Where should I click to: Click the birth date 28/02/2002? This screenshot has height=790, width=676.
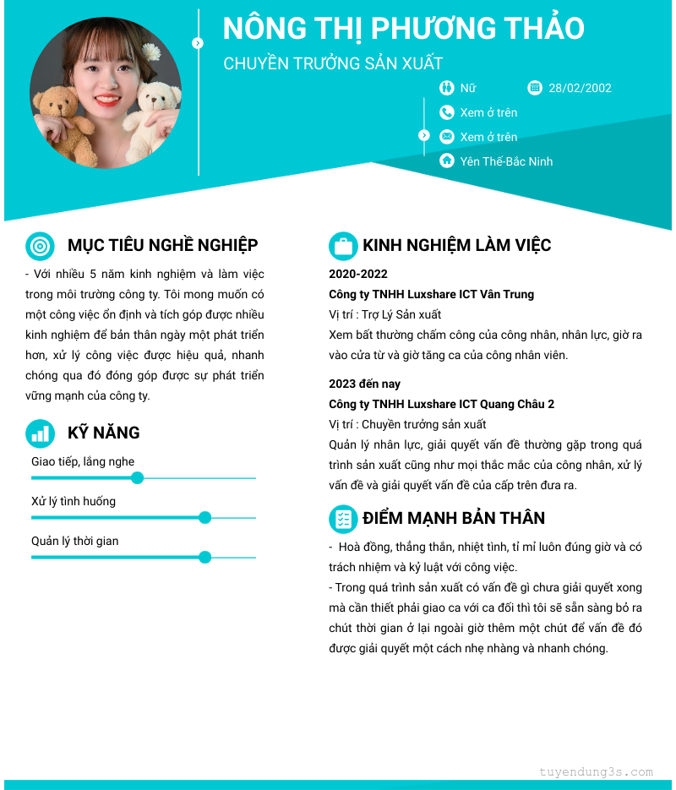coord(580,88)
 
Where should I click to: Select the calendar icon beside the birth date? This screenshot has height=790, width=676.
coord(534,88)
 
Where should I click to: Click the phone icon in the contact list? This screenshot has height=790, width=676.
coord(447,112)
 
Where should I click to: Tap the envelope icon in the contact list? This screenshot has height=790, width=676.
coord(447,137)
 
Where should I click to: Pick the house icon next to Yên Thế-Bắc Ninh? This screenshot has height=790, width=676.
coord(447,161)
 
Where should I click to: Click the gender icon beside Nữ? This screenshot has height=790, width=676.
coord(447,88)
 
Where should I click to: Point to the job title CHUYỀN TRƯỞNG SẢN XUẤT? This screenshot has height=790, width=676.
coord(333,63)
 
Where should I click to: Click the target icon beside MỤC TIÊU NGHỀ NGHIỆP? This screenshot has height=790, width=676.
coord(40,246)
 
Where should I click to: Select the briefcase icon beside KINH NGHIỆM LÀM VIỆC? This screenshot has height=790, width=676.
coord(343,246)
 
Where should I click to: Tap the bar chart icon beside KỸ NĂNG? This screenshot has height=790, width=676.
coord(40,433)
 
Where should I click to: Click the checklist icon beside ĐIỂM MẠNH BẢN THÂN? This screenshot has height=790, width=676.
coord(343,519)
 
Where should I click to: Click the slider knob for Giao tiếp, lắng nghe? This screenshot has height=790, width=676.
coord(138,478)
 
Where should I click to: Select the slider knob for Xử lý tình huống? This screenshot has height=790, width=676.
coord(204,518)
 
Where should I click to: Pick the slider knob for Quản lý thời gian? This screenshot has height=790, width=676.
coord(204,558)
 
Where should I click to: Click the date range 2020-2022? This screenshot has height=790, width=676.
coord(358,275)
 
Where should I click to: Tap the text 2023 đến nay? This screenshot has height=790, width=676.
coord(364,384)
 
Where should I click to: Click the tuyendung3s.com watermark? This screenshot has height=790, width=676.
coord(596,771)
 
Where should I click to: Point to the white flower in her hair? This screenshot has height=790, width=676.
coord(151,52)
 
